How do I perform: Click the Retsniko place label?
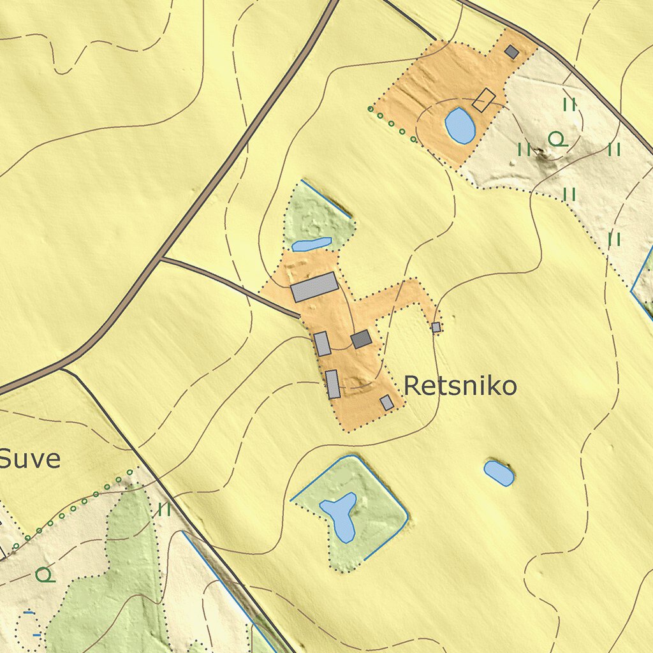coord(460,386)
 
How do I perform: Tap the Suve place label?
coord(30,459)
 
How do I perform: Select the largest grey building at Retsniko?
coord(314,287)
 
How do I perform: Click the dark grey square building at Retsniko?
coord(362,339)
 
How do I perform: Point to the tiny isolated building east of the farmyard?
coord(436,327)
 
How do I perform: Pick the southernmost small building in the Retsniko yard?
coord(387,402)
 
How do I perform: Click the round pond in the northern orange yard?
coord(460,125)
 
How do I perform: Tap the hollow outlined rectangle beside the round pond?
coord(485,99)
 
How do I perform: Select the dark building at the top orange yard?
coord(511,52)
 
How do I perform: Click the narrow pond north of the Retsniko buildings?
coord(312,244)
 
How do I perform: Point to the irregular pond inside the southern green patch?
coord(339,513)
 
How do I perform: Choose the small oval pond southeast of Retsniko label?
coord(499,473)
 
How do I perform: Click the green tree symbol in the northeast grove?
coord(557,139)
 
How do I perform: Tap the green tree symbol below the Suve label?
coord(45,575)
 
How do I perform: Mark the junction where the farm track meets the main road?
coord(159,259)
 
